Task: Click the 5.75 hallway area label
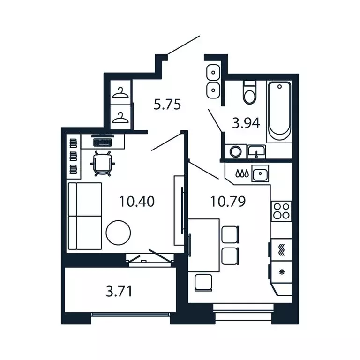tap(167, 104)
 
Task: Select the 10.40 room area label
tap(137, 202)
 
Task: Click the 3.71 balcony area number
tap(119, 292)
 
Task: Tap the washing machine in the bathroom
tap(235, 151)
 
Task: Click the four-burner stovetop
tap(281, 211)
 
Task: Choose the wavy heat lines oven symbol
tap(281, 249)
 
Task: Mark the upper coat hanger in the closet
tap(121, 92)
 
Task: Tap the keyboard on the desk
tap(103, 140)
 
